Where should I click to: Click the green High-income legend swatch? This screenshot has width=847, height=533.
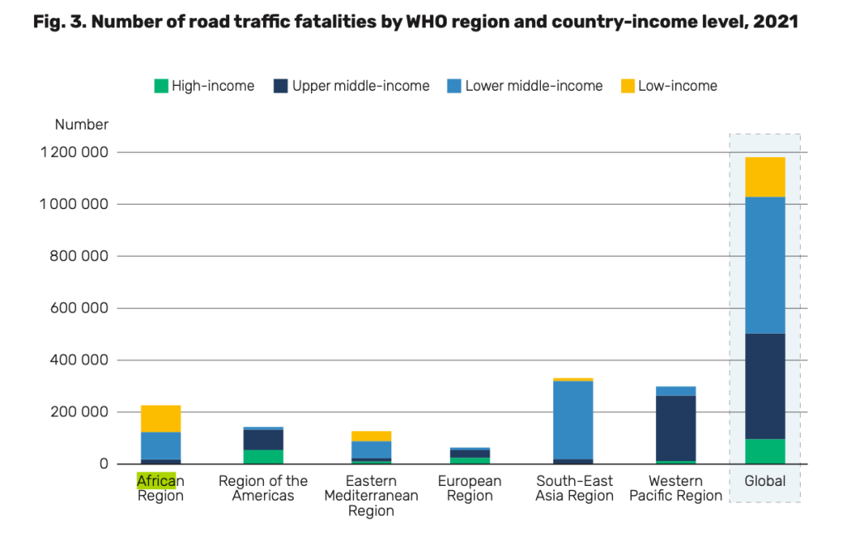pos(161,86)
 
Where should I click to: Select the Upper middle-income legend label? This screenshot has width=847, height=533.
pos(361,86)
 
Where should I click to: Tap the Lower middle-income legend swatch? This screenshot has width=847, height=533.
pos(454,86)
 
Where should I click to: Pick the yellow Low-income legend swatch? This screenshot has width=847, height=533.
pos(627,86)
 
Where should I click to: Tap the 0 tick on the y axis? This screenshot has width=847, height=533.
pos(104,464)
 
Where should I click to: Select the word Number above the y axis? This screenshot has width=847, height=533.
pos(82,125)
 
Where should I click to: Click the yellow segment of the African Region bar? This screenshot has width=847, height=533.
pos(160,418)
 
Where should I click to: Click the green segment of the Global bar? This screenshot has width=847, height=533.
pos(764,451)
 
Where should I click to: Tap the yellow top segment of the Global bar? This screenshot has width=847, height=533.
pos(764,177)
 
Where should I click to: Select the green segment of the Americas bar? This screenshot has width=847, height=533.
pos(263,456)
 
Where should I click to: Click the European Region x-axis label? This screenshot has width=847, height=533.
pos(469,488)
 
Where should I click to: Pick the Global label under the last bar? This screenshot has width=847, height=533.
pos(764,481)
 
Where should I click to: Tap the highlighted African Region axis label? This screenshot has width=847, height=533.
pos(160,488)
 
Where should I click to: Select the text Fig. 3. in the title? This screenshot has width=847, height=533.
pos(59,21)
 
